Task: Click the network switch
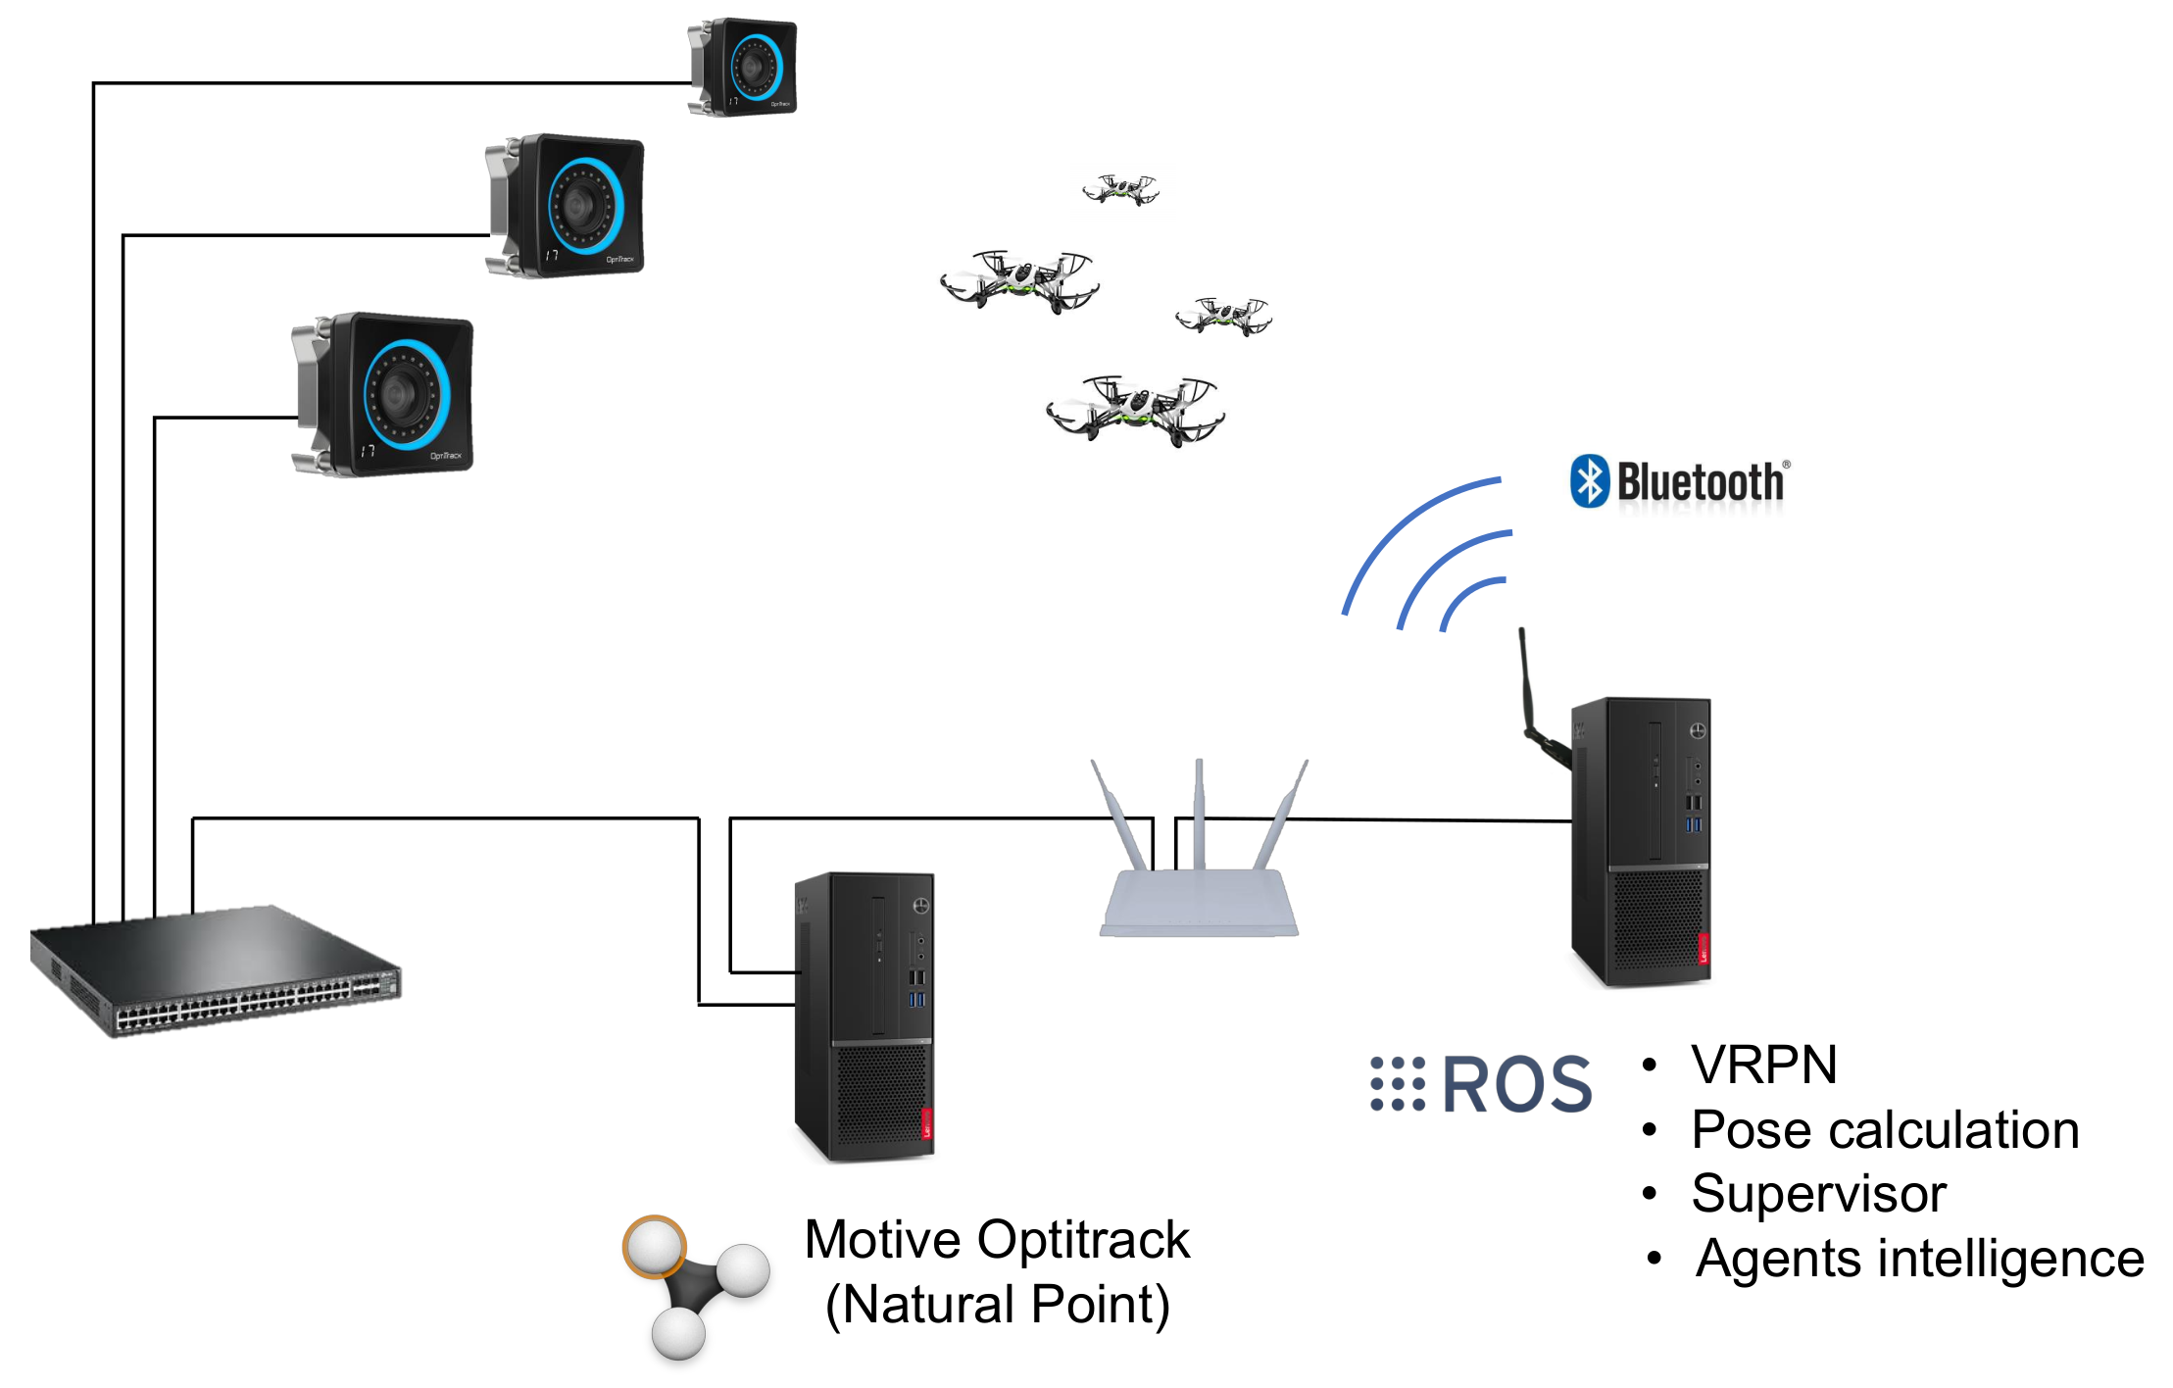pos(216,969)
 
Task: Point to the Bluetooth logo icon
pos(1589,481)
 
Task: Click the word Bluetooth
pos(1701,482)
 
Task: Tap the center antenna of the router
pos(1199,814)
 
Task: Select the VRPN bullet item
pos(1763,1065)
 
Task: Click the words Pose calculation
pos(1885,1129)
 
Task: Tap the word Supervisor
pos(1818,1194)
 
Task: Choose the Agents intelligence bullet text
pos(1919,1259)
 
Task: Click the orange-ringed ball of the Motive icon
pos(654,1247)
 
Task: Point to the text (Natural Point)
pos(997,1305)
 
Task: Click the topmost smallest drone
pos(1120,188)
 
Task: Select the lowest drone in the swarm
pos(1135,410)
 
